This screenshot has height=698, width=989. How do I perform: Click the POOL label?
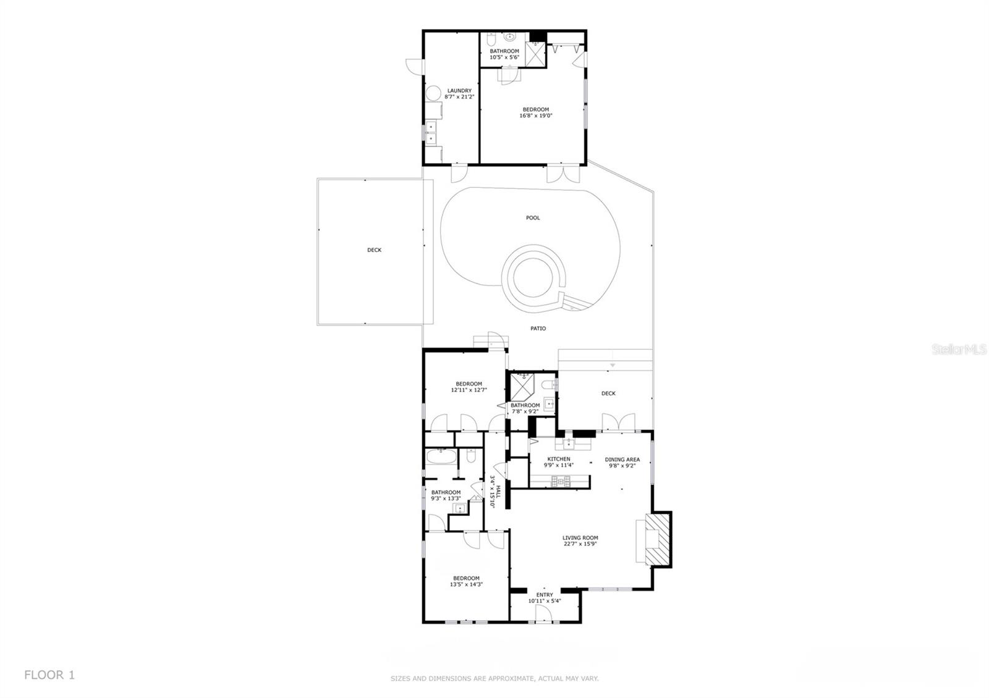tap(533, 217)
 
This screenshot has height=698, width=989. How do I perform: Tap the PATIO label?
tap(538, 328)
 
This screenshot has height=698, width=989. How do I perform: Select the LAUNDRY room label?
tap(459, 90)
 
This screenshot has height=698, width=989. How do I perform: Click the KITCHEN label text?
tap(559, 459)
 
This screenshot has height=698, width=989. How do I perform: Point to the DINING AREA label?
tap(622, 460)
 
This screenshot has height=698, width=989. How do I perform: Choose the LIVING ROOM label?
tap(580, 538)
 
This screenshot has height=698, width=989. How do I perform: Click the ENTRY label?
tap(545, 595)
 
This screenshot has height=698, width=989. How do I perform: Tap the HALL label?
tap(498, 492)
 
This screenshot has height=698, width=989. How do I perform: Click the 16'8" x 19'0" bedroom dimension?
tap(535, 116)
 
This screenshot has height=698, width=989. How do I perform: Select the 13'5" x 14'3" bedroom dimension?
tap(466, 584)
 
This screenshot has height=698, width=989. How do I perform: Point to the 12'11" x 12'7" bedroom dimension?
tap(469, 390)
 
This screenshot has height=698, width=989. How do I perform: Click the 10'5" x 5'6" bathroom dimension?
tap(504, 57)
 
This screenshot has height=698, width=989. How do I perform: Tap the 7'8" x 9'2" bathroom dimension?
tap(525, 411)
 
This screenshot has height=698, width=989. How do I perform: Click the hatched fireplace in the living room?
tap(658, 539)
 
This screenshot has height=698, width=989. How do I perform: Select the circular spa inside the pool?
tap(533, 279)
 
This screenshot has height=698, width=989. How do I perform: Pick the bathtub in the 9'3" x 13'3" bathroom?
tap(441, 456)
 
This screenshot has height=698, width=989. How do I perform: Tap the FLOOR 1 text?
tap(49, 675)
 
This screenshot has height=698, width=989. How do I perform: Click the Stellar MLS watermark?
tap(959, 350)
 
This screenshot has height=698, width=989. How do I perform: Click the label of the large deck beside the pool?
tap(375, 250)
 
